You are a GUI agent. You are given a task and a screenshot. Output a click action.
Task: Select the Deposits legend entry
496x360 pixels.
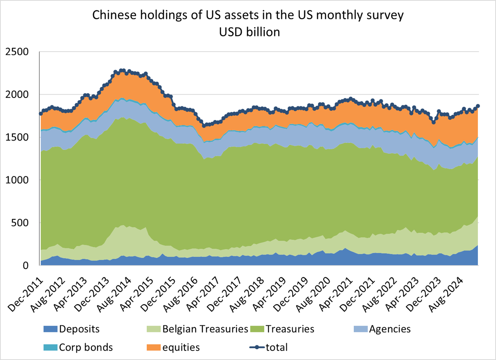coord(79,329)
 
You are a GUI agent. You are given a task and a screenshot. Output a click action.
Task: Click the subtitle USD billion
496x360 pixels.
coord(248,32)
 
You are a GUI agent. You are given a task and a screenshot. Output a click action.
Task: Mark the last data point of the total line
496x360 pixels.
coord(478,106)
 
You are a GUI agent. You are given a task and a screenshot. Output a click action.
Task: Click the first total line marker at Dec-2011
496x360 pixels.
coord(41,114)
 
